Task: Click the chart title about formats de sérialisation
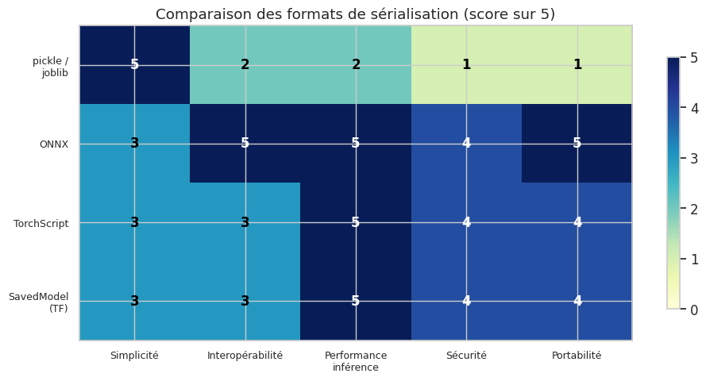tap(355, 14)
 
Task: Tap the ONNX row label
tap(54, 144)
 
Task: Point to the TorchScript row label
tap(41, 223)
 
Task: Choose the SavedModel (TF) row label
tap(39, 302)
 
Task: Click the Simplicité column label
tap(134, 356)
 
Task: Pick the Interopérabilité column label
tap(245, 356)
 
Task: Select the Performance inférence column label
tap(356, 361)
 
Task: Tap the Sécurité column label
tap(466, 356)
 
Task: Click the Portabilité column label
tap(577, 356)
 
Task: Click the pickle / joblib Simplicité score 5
tap(134, 64)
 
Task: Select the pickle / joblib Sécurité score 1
tap(466, 64)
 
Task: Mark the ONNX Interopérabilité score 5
tap(245, 143)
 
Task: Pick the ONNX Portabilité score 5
tap(577, 143)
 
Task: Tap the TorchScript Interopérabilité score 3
tap(245, 222)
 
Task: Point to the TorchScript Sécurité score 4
tap(466, 222)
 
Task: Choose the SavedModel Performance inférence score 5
tap(356, 301)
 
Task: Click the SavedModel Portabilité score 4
tap(577, 301)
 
